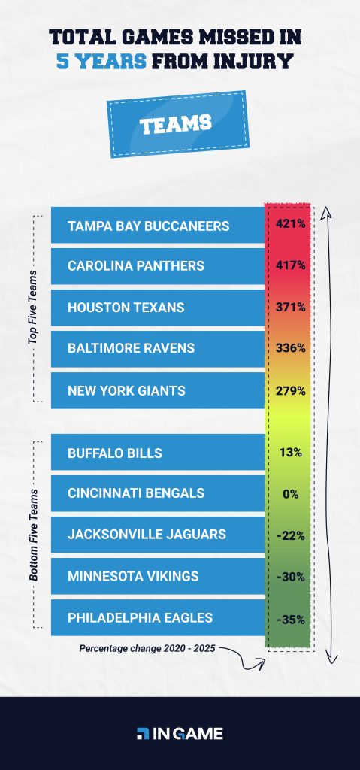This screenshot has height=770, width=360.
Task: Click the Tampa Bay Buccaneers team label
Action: point(148,226)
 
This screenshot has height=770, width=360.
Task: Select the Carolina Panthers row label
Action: point(135,266)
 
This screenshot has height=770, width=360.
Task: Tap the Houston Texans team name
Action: point(126,308)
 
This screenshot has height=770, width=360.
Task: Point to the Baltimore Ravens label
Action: point(131,348)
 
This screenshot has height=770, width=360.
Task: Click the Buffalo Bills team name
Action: point(114,453)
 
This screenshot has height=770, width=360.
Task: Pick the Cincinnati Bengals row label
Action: point(136,494)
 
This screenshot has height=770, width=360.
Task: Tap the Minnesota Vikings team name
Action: point(133,576)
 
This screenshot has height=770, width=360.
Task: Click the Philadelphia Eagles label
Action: point(140,617)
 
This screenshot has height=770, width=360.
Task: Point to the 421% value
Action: point(290,224)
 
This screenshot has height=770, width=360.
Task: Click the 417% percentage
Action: point(290,265)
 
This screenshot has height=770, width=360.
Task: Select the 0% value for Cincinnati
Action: point(290,494)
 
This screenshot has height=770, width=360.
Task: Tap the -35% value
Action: point(290,618)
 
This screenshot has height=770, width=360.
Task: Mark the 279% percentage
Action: point(290,391)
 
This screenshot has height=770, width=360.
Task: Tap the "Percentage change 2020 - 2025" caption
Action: point(143,647)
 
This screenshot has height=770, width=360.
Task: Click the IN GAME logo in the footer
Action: point(180,734)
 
